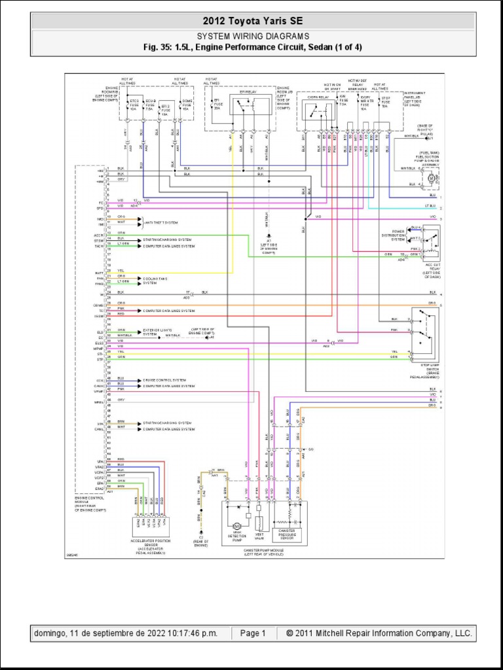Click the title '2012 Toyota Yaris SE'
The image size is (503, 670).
[252, 21]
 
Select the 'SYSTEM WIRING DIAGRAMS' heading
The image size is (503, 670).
[252, 37]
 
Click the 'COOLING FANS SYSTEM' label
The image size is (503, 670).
[158, 280]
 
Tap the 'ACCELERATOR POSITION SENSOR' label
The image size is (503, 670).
[151, 545]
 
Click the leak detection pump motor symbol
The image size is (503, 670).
[237, 525]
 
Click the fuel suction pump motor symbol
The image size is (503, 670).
[431, 177]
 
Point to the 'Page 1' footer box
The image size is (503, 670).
[252, 633]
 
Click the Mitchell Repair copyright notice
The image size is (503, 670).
[375, 633]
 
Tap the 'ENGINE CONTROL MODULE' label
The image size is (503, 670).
[90, 506]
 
